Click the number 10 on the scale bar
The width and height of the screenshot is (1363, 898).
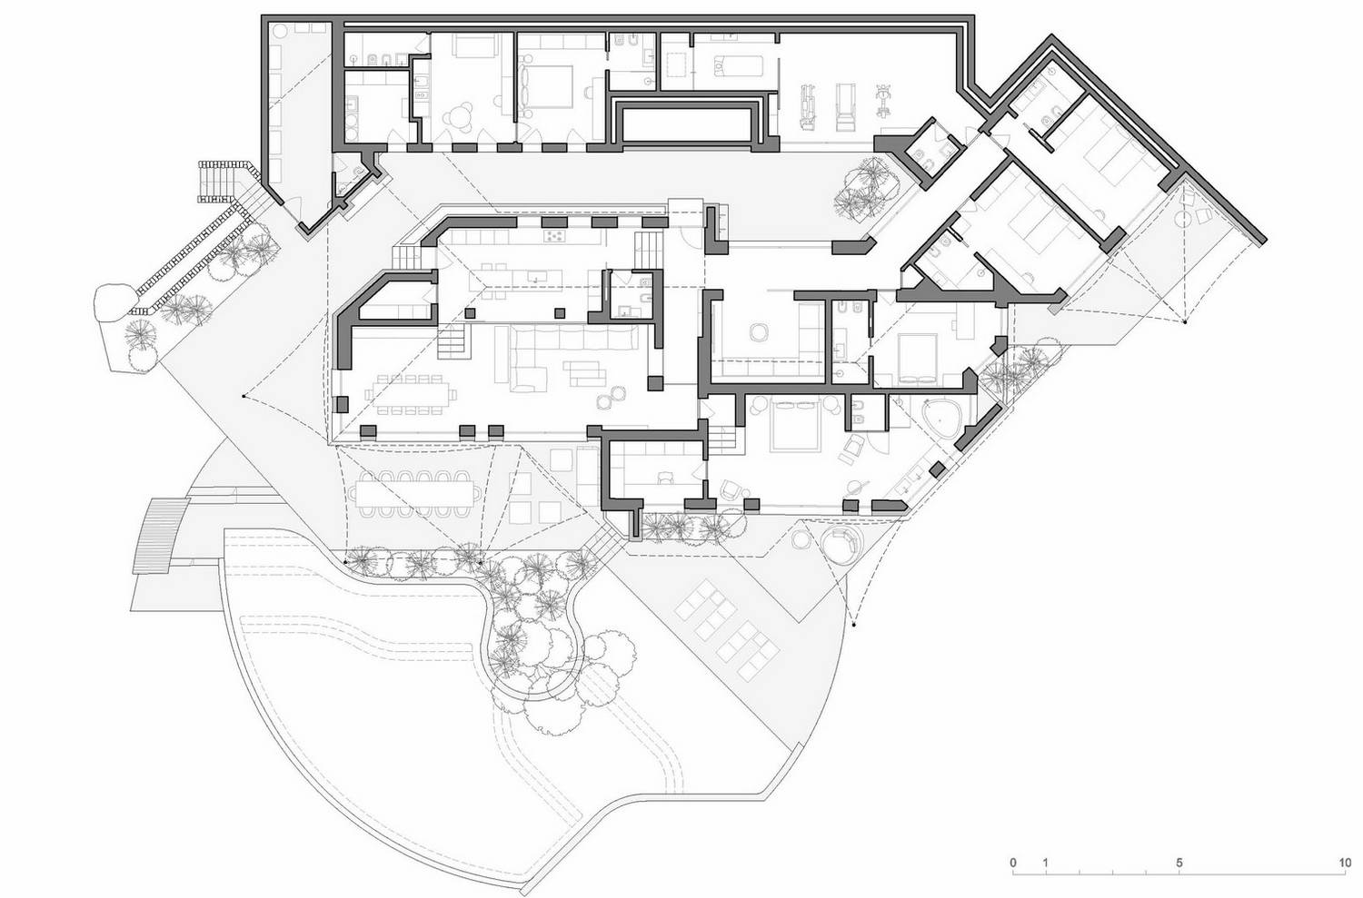point(1344,863)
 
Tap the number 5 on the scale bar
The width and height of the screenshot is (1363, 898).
point(1179,863)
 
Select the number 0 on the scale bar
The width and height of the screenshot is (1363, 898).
point(1013,863)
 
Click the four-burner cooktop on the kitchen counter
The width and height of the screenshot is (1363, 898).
point(554,236)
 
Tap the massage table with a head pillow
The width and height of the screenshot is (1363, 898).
point(737,66)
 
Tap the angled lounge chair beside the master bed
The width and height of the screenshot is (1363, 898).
point(853,447)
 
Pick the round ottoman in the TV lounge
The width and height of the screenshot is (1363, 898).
point(759,332)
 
